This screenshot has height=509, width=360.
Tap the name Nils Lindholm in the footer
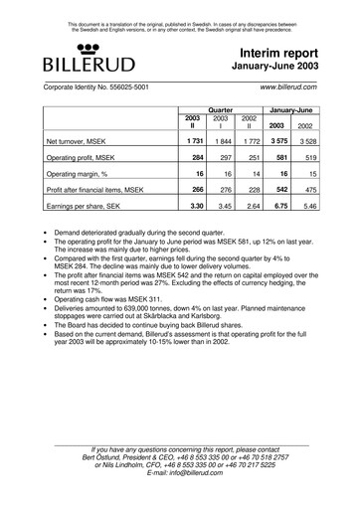coord(121,462)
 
